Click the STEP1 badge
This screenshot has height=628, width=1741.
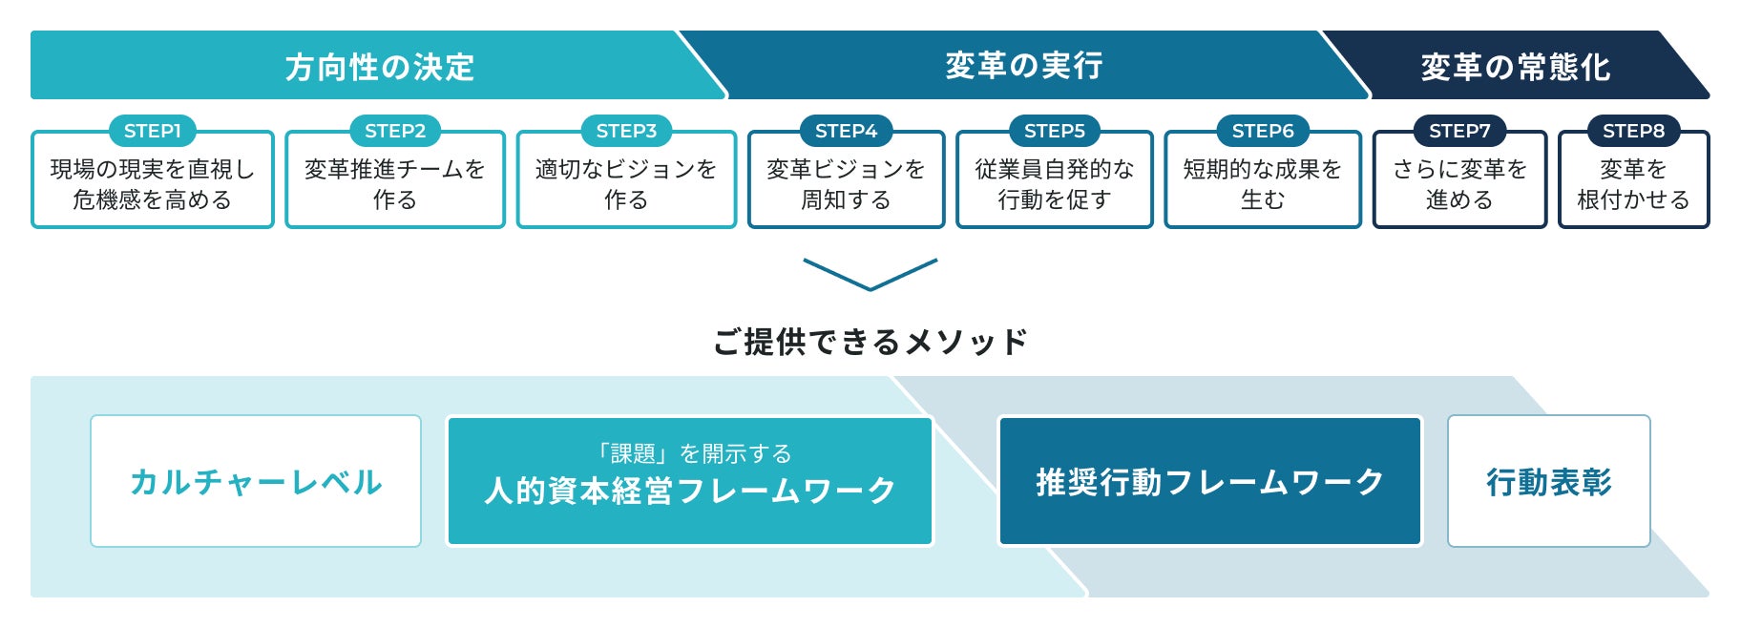(x=153, y=131)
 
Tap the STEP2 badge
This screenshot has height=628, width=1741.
(x=395, y=131)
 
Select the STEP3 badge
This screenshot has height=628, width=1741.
(x=626, y=131)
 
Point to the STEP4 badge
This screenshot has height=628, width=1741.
(x=846, y=131)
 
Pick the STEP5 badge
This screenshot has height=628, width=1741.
(x=1055, y=131)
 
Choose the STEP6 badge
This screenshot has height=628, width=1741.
(x=1263, y=131)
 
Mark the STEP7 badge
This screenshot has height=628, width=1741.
(x=1459, y=131)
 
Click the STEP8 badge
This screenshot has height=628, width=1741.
(x=1633, y=131)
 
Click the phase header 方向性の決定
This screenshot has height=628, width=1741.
(x=379, y=67)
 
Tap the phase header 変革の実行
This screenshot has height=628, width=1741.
(x=1023, y=65)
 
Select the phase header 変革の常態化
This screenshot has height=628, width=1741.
(x=1515, y=67)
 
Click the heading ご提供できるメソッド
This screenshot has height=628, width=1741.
(x=870, y=341)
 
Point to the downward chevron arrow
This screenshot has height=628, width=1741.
(x=870, y=274)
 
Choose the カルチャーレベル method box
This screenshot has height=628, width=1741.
(x=256, y=481)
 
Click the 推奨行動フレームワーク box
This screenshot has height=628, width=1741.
(x=1209, y=481)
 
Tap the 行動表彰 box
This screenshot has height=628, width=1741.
(x=1548, y=481)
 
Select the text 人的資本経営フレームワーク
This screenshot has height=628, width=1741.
(x=689, y=491)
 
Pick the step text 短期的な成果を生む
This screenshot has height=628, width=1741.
(x=1263, y=184)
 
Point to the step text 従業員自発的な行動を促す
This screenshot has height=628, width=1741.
(x=1055, y=184)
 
